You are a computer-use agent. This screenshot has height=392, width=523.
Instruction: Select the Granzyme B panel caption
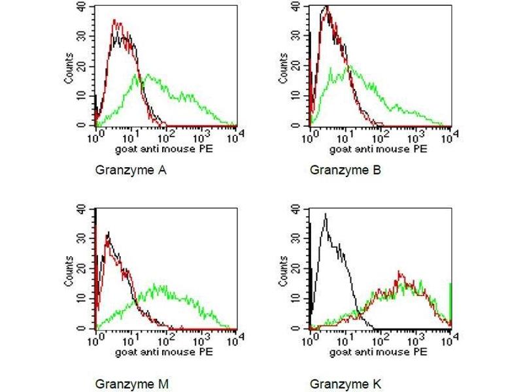345,171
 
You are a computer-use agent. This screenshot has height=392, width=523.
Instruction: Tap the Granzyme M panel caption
131,384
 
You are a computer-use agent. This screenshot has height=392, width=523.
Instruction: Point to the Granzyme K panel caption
344,384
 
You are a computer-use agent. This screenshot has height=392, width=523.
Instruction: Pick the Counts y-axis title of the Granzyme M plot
69,270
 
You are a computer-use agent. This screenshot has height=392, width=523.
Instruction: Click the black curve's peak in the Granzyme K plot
325,214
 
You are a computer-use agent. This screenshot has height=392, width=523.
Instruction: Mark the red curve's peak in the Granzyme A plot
115,21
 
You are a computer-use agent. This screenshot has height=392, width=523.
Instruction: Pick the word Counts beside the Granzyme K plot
284,270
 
